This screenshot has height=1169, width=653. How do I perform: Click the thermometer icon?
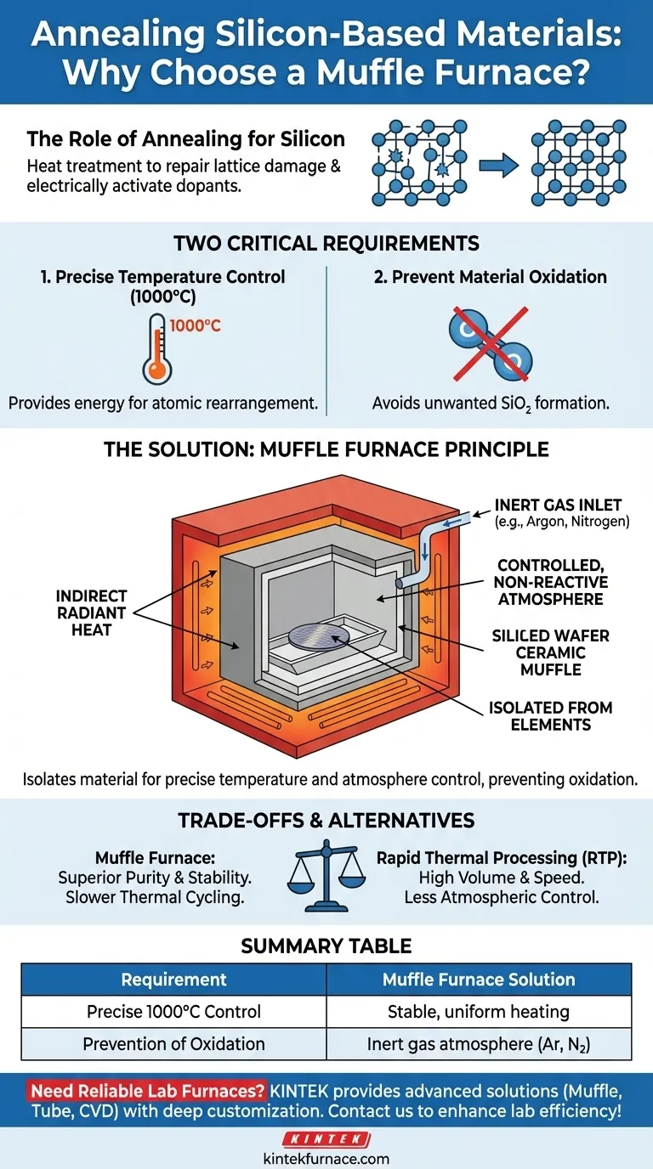(156, 347)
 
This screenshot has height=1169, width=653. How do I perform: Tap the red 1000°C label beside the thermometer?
(196, 325)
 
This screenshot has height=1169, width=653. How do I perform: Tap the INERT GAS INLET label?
(559, 505)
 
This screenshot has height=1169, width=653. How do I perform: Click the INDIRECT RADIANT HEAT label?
(92, 612)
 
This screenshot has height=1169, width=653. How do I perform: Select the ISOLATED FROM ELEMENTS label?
(550, 717)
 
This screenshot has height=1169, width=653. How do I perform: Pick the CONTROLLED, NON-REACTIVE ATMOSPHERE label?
(553, 582)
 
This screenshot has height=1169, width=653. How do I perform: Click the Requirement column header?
(173, 980)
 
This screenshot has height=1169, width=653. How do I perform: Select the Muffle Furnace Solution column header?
(479, 980)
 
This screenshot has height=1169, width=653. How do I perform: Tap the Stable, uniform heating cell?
(479, 1012)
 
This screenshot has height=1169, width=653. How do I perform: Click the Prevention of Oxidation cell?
(173, 1044)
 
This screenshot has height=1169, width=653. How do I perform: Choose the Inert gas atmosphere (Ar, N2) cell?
(479, 1044)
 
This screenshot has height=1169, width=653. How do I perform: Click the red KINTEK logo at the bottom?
(326, 1139)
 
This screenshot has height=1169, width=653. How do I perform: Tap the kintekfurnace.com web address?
(326, 1158)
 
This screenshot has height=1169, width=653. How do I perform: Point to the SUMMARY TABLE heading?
(326, 946)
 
